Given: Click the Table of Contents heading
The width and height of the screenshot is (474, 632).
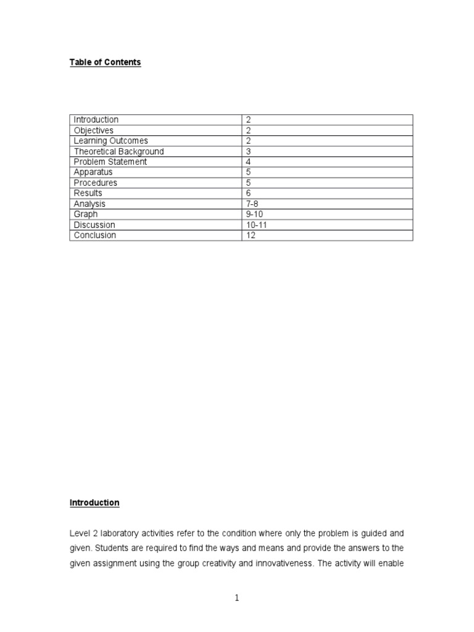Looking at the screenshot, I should click(105, 62).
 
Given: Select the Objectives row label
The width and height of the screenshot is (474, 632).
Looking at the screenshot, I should click(94, 130).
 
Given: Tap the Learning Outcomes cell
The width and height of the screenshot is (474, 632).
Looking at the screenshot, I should click(111, 141).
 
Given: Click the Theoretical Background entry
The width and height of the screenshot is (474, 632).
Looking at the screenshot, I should click(119, 151).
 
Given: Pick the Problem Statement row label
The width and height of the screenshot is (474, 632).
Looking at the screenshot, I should click(110, 162).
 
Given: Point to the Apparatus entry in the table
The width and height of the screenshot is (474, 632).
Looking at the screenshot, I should click(93, 172).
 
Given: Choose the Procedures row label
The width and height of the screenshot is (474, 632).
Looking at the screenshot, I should click(96, 183).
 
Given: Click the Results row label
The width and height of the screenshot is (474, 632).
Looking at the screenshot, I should click(88, 193).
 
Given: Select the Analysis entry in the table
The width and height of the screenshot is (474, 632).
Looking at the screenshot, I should click(89, 204).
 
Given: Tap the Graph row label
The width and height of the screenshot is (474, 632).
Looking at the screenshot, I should click(86, 214).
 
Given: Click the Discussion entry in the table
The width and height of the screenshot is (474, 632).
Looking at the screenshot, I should click(94, 225).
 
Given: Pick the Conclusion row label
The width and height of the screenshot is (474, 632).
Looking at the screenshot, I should click(95, 235).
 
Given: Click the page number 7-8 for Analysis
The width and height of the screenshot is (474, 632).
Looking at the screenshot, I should click(252, 204).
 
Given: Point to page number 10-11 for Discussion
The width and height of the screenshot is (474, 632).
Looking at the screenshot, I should click(257, 225).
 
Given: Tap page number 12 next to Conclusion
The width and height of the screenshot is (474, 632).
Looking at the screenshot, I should click(251, 235).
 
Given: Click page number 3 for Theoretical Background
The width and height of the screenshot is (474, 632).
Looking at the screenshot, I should click(248, 151).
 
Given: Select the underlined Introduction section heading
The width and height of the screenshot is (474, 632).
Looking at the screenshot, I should click(94, 503).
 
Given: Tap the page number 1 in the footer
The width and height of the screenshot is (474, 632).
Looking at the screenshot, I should click(237, 598).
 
